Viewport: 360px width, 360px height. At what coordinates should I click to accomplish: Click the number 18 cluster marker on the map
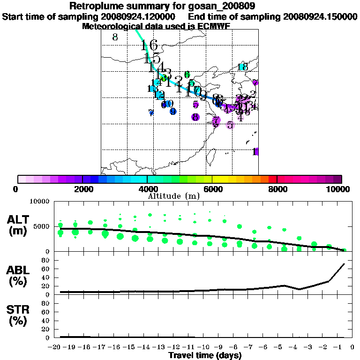click(x=242, y=67)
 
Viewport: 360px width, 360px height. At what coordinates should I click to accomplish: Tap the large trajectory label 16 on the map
click(x=149, y=45)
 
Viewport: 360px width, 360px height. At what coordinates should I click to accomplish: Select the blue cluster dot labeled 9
click(x=173, y=111)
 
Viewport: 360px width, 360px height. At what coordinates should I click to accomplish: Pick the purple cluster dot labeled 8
click(x=195, y=117)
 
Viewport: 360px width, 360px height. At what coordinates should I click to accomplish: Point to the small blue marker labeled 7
click(x=151, y=112)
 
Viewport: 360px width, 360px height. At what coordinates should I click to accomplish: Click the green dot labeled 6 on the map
click(x=187, y=75)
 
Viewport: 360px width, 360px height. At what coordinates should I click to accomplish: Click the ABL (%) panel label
click(x=19, y=276)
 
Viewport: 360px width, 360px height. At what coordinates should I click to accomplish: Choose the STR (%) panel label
click(x=19, y=315)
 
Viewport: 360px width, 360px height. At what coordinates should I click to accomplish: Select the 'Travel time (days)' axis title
click(x=205, y=355)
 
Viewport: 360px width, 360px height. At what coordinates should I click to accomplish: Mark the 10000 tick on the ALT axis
click(x=40, y=202)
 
